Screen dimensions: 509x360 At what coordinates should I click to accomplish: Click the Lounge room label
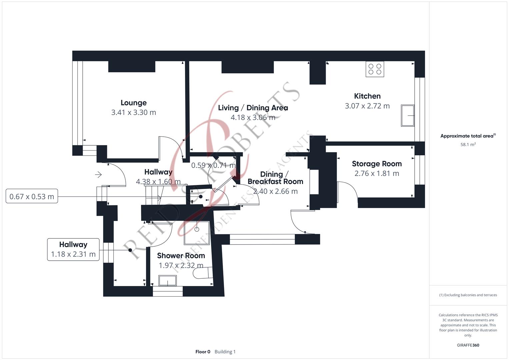(134, 103)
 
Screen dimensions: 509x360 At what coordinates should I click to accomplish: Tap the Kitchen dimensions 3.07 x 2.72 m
(367, 106)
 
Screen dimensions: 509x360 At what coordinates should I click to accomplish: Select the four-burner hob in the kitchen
(375, 69)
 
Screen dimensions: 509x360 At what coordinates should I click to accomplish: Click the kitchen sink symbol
(408, 115)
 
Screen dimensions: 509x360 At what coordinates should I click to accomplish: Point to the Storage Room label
(377, 164)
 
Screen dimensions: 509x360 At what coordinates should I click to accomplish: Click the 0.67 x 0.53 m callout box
(32, 196)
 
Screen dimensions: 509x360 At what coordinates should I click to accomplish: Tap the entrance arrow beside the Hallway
(98, 175)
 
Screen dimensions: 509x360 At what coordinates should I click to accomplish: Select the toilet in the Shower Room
(203, 273)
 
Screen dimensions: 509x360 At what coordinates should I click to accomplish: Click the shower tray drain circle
(197, 229)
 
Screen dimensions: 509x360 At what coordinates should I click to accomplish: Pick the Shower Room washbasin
(167, 280)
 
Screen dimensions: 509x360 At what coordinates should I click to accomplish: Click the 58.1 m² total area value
(468, 144)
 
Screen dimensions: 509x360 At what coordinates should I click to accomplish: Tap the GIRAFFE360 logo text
(468, 345)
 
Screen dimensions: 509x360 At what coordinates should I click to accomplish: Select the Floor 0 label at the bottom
(203, 352)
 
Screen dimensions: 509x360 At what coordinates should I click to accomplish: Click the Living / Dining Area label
(253, 108)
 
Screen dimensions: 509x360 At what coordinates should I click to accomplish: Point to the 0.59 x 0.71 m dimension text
(213, 165)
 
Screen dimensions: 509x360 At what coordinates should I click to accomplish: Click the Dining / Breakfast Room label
(275, 178)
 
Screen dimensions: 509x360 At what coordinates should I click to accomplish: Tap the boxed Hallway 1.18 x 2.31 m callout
(73, 249)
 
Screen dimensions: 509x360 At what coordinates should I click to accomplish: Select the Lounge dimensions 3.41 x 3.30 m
(134, 113)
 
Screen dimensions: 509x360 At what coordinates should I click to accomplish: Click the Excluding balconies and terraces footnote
(468, 295)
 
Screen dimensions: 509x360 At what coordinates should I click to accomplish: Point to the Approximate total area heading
(468, 136)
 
